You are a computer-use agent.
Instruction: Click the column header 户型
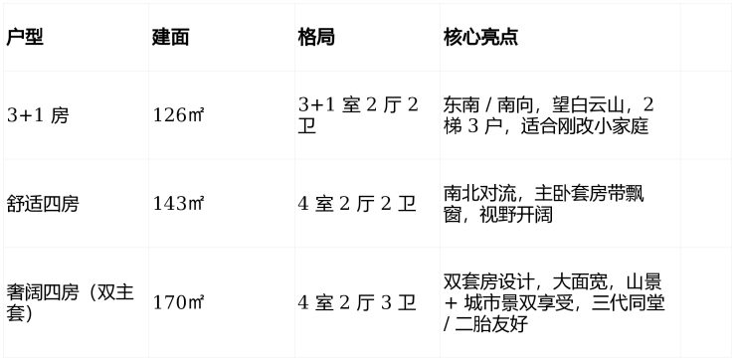pos(25,37)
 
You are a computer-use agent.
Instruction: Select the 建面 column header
pos(170,37)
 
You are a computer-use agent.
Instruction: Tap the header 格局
pos(316,37)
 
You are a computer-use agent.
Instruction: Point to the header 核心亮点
pos(480,37)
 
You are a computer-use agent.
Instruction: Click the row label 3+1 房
pos(38,115)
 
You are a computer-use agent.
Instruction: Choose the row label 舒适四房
pos(43,204)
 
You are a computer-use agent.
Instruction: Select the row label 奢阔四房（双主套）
pos(71,302)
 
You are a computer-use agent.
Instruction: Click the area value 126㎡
pos(178,115)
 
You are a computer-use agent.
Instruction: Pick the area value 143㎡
pos(178,204)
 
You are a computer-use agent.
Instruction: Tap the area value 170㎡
pos(178,303)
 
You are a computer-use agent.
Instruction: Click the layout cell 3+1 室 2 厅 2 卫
pos(358,115)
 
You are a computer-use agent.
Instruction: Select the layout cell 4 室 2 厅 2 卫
pos(357,204)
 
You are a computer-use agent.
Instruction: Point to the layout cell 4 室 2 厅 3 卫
pos(357,303)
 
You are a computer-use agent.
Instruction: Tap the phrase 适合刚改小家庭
pos(585,126)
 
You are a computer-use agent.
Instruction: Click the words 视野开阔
pos(516,215)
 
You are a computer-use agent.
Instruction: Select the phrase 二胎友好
pos(491,325)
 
